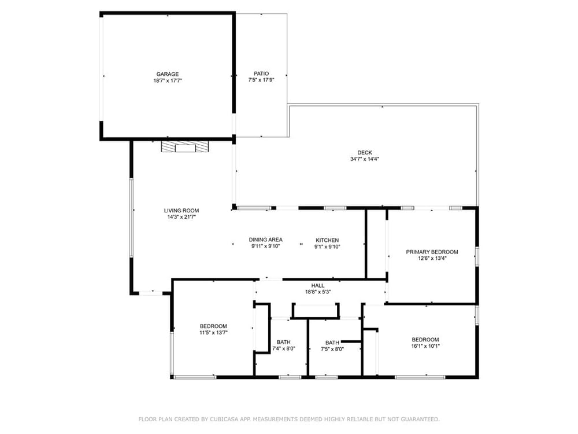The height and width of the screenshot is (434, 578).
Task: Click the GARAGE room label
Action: click(168, 74)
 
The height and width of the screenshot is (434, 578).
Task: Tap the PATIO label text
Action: click(261, 74)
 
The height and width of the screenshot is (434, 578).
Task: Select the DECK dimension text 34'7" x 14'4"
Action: click(365, 159)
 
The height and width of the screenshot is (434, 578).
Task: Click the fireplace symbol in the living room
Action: click(185, 146)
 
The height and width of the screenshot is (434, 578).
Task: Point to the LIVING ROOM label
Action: click(181, 211)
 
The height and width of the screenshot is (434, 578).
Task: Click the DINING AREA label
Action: click(266, 240)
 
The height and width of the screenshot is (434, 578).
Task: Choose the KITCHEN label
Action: click(327, 240)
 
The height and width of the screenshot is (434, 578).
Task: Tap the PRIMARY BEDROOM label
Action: click(432, 252)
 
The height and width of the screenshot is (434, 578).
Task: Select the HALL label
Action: click(318, 286)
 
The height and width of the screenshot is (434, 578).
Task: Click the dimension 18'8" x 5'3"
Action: click(318, 292)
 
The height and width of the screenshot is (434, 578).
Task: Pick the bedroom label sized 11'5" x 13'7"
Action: click(213, 326)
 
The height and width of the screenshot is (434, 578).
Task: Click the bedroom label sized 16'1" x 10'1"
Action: click(425, 340)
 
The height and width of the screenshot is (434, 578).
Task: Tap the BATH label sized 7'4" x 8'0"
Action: click(283, 342)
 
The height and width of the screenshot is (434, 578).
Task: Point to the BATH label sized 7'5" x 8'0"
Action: click(332, 343)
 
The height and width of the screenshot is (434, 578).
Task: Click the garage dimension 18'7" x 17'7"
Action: click(168, 80)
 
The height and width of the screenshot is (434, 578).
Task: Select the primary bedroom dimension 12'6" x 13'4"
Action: click(432, 258)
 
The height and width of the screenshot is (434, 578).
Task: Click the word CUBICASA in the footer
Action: click(223, 419)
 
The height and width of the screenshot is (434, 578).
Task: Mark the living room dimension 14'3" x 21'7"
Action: click(181, 217)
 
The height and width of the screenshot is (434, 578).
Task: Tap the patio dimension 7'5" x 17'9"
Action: click(261, 80)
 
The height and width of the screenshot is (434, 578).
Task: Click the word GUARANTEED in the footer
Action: click(422, 419)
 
